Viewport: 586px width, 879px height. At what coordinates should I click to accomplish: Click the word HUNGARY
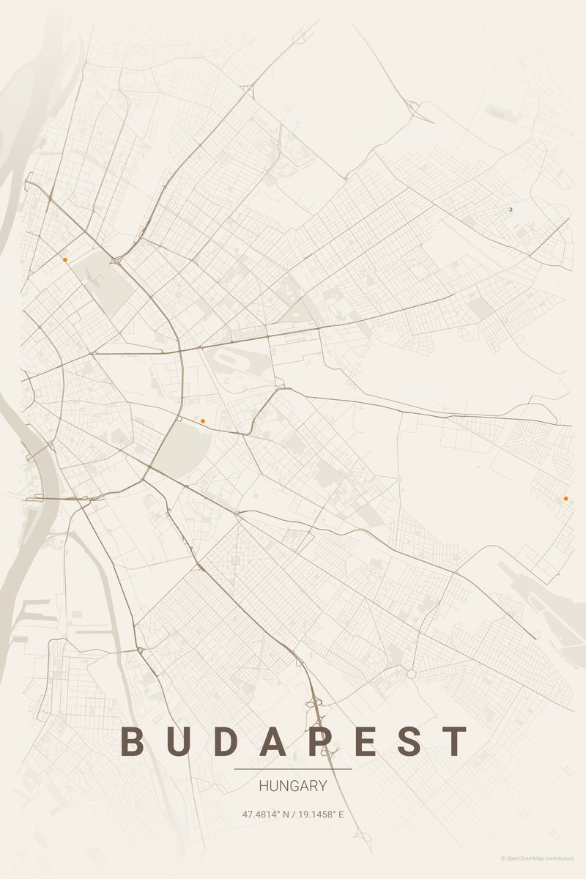point(293,787)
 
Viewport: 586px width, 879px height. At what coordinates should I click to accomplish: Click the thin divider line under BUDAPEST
point(293,769)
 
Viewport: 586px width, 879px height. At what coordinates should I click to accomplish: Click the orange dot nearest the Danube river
point(64,259)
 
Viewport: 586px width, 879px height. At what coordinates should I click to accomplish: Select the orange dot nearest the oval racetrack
point(202,420)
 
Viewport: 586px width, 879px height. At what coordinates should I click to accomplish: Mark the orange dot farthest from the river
point(565,499)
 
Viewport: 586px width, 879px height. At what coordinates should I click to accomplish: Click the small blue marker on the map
point(511,209)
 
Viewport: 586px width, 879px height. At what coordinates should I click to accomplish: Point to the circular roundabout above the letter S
point(412,674)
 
